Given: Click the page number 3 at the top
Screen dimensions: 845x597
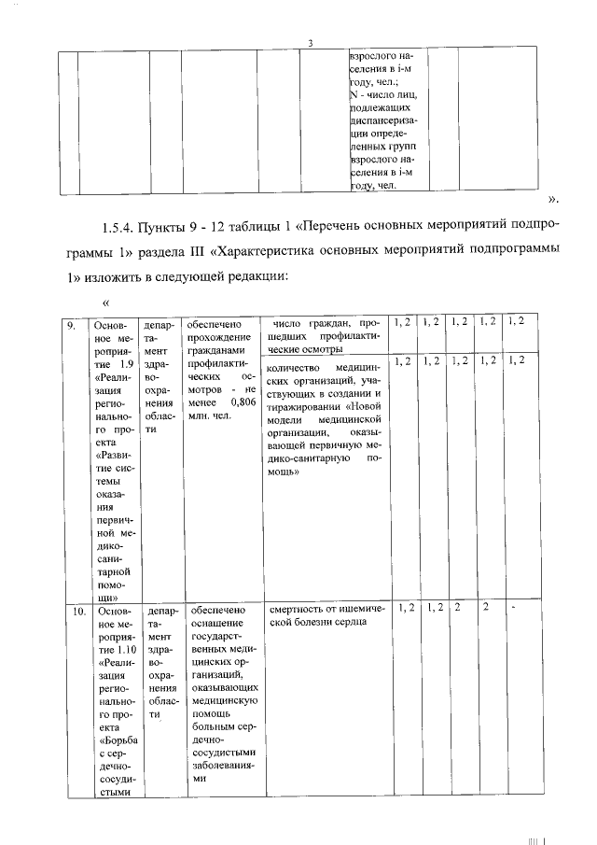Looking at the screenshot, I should [310, 41].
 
